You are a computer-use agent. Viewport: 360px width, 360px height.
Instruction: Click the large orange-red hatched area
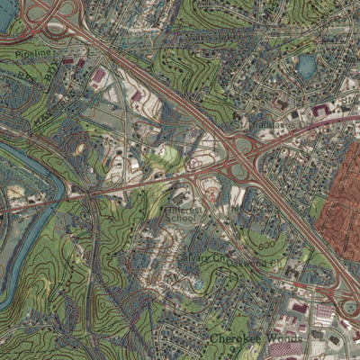(x=340, y=211)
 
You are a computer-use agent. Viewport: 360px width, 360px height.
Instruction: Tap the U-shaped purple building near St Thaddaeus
(x=320, y=110)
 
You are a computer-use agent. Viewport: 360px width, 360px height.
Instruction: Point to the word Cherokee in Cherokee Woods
(x=229, y=338)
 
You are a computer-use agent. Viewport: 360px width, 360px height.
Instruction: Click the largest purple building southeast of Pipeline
(x=99, y=77)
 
